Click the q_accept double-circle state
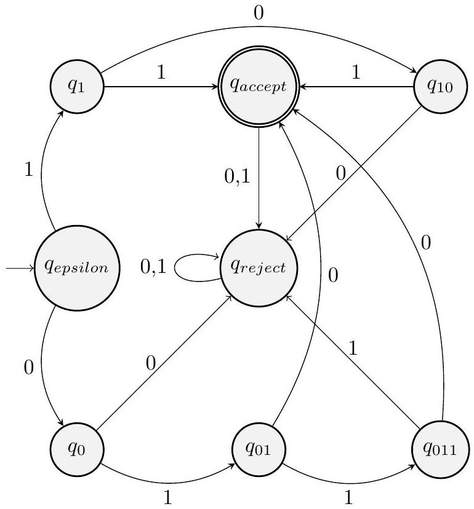click(259, 86)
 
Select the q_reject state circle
click(259, 268)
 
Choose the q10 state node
click(441, 86)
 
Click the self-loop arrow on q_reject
click(185, 269)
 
